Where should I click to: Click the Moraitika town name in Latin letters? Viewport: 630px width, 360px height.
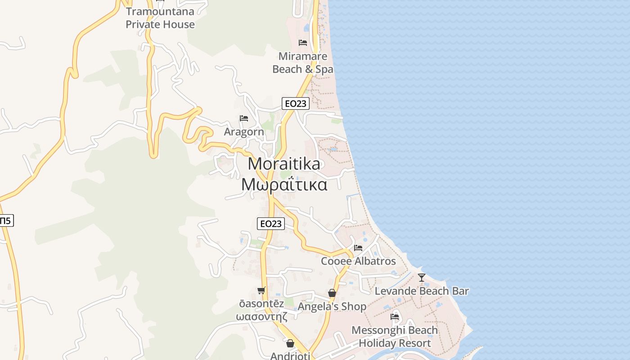click(284, 164)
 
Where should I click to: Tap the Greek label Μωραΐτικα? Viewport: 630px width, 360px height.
click(284, 184)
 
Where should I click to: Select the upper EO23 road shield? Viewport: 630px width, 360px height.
click(295, 103)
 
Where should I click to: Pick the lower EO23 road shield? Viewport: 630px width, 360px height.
click(271, 223)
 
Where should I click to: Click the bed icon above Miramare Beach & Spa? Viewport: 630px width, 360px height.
click(303, 43)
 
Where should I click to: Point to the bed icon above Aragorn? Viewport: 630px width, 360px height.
click(244, 118)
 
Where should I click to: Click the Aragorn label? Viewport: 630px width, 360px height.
click(244, 132)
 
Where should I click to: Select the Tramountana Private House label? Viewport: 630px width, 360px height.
click(160, 18)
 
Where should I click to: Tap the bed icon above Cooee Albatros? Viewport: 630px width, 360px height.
click(358, 247)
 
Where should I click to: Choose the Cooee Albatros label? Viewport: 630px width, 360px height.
click(358, 261)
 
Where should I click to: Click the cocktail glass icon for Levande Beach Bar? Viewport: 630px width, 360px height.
click(422, 278)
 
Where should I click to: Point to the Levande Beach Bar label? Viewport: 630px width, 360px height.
click(422, 291)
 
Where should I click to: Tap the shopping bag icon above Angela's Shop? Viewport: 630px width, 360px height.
click(332, 293)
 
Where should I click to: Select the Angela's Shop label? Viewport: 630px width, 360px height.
click(332, 307)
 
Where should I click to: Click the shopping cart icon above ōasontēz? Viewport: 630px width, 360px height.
click(261, 291)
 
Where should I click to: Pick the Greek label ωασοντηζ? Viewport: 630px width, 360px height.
click(261, 316)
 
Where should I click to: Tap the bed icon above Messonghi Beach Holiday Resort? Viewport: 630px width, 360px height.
click(395, 316)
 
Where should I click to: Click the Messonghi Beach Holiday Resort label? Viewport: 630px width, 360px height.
click(395, 337)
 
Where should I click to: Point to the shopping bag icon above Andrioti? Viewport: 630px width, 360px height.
click(290, 343)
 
